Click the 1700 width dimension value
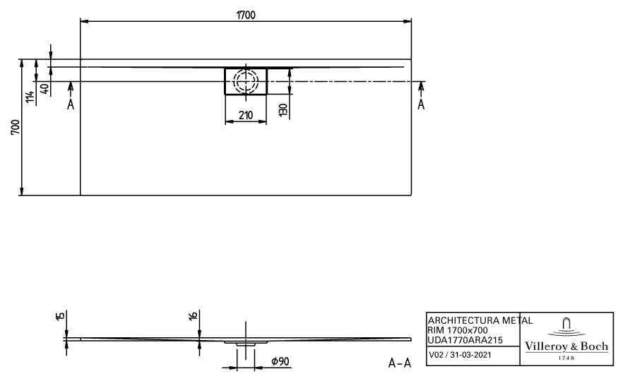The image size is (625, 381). pos(246,15)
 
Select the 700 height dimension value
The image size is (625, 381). pos(15,127)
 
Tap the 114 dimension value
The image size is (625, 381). pos(30,97)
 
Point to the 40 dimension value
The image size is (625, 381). pos(46,89)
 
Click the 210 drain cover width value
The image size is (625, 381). pos(246,115)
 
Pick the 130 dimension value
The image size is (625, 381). pos(282,110)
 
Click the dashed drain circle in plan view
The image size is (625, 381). pos(246,81)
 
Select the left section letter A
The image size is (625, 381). pos(71,104)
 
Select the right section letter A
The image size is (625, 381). pos(421,104)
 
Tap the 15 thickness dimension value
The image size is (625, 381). pos(60,316)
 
